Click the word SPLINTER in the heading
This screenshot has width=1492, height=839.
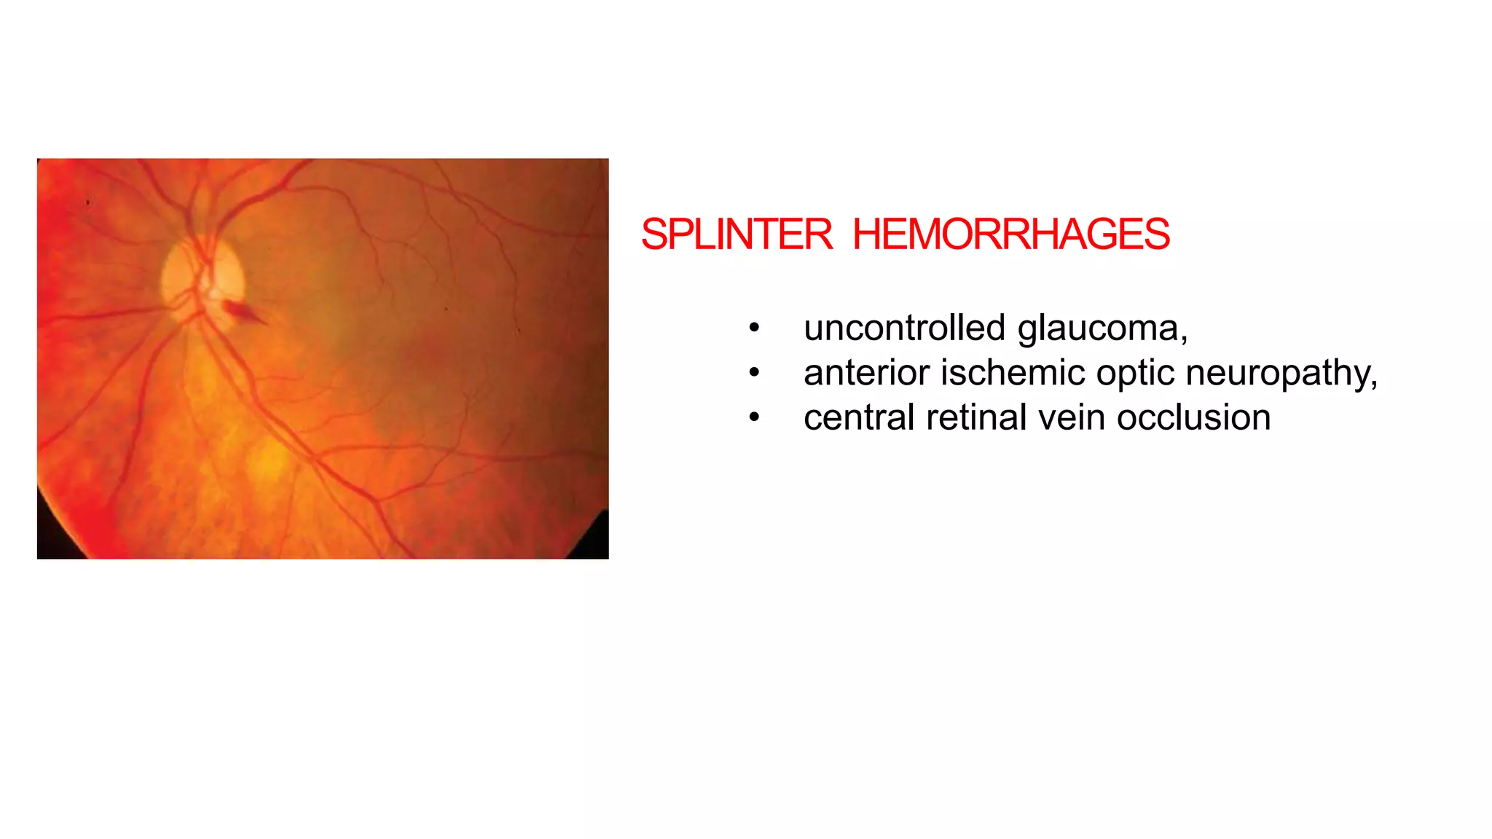(736, 235)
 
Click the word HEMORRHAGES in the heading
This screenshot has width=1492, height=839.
(1010, 235)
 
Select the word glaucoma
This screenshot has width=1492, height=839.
(1102, 329)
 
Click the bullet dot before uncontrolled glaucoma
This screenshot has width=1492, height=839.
(754, 328)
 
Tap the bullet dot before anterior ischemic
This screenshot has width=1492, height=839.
(754, 374)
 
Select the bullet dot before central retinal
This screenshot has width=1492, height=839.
(754, 418)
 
